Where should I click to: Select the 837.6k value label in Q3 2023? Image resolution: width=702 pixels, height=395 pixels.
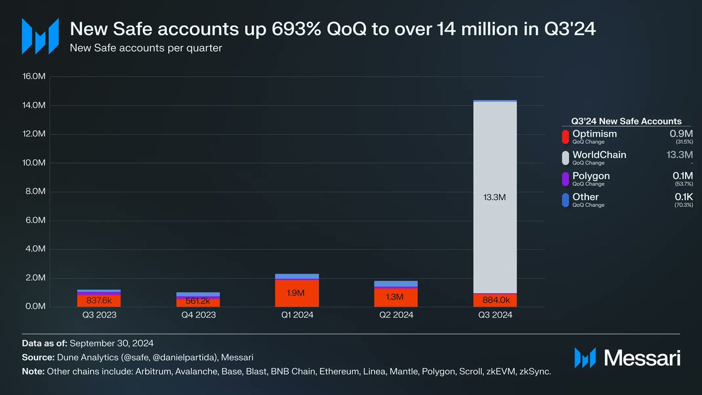(x=98, y=301)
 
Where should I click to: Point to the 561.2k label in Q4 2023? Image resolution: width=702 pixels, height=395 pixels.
(x=198, y=301)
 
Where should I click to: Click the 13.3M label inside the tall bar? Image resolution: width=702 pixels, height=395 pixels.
(x=495, y=198)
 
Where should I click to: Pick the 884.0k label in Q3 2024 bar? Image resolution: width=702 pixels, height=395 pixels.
(x=495, y=301)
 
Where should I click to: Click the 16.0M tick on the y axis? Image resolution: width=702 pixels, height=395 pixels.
(x=34, y=77)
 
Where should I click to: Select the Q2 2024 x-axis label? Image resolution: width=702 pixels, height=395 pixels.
(x=396, y=315)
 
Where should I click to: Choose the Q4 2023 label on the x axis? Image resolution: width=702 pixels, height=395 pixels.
(x=198, y=315)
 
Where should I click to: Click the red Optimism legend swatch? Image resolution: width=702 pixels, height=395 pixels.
(x=565, y=137)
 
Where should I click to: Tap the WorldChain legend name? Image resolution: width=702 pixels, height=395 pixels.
(x=599, y=155)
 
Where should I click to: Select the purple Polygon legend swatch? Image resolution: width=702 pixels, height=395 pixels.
(x=565, y=179)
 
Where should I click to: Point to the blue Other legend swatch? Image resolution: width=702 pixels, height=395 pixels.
(x=565, y=200)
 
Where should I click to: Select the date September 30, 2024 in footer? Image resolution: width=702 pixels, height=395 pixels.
(x=112, y=343)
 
